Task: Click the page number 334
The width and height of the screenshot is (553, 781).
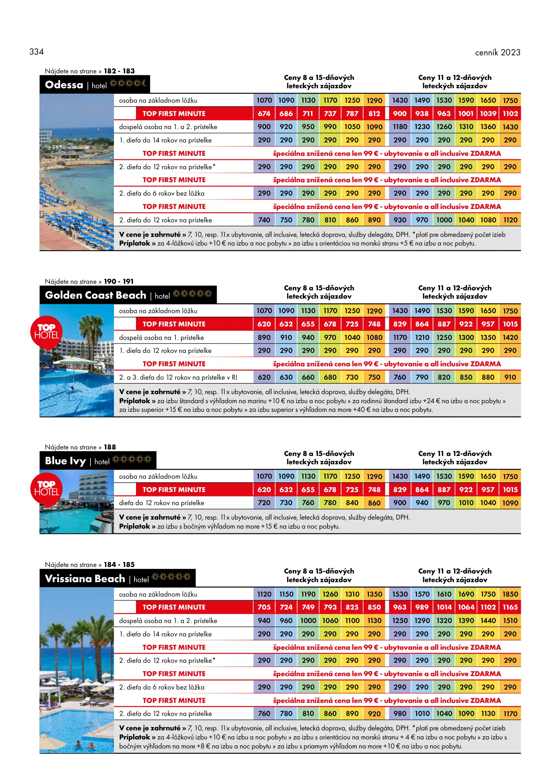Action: (x=37, y=52)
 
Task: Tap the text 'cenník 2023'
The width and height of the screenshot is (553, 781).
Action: (x=497, y=52)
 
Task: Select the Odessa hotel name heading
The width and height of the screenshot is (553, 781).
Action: (x=64, y=85)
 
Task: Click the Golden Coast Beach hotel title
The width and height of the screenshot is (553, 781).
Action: (x=95, y=295)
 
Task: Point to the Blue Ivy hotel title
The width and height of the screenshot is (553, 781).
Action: (x=65, y=461)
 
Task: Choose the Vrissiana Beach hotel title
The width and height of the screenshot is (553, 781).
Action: (x=85, y=579)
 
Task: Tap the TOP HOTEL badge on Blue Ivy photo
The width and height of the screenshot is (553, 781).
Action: (x=47, y=488)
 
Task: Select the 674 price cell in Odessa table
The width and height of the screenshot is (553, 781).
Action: (x=264, y=114)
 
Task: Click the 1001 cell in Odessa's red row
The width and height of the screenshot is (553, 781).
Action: (x=466, y=114)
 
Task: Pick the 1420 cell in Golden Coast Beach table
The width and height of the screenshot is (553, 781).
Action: (x=510, y=337)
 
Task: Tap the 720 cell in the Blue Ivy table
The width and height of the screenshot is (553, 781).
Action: (x=264, y=503)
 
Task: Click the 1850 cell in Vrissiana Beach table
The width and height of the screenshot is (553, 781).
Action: (x=510, y=594)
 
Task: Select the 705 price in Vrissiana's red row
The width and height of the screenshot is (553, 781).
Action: (x=264, y=607)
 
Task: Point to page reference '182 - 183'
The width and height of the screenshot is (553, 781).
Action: (x=119, y=71)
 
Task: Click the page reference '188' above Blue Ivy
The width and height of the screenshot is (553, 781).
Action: (x=110, y=447)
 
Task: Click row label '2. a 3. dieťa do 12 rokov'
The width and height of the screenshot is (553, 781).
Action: (x=178, y=377)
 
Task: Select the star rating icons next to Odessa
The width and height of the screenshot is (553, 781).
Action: (x=127, y=84)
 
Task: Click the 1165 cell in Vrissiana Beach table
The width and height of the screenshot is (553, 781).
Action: (x=510, y=607)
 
